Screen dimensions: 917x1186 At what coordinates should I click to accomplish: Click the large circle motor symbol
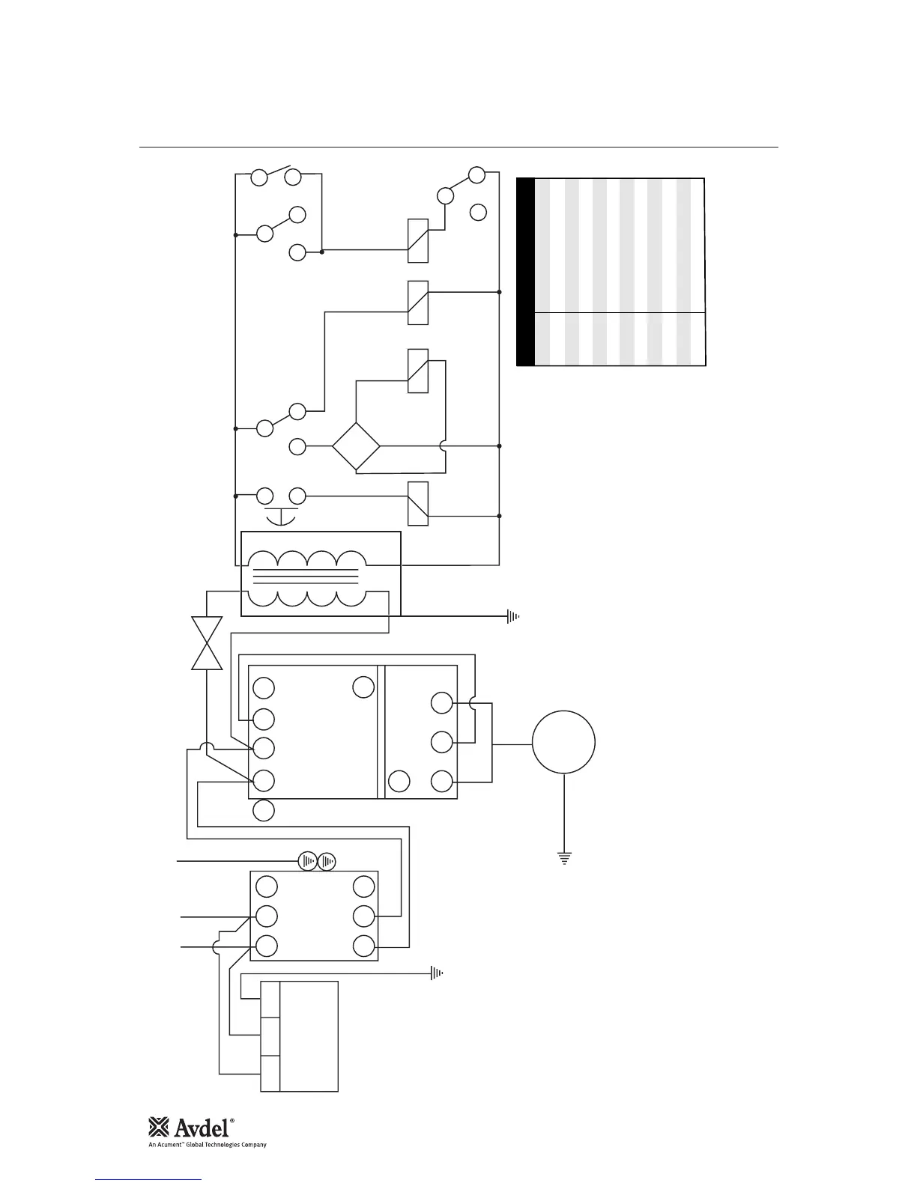(563, 743)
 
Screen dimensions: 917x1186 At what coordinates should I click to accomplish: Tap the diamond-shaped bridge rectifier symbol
(356, 447)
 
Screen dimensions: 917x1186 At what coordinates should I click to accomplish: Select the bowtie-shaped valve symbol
(207, 643)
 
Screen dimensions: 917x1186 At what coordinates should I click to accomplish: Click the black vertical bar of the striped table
(526, 272)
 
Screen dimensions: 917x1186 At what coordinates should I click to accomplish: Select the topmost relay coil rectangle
(418, 240)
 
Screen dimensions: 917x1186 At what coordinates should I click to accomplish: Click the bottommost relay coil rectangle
(418, 503)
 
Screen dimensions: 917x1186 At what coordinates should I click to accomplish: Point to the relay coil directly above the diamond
(418, 371)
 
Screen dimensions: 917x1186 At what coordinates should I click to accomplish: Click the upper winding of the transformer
(306, 560)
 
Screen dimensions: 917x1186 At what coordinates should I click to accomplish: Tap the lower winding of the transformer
(306, 599)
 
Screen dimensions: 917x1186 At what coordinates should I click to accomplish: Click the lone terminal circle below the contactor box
(264, 810)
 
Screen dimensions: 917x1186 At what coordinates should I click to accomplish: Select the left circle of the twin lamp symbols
(309, 862)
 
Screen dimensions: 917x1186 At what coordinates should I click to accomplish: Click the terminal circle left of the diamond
(297, 447)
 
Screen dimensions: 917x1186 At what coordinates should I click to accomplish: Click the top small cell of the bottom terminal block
(270, 1000)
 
